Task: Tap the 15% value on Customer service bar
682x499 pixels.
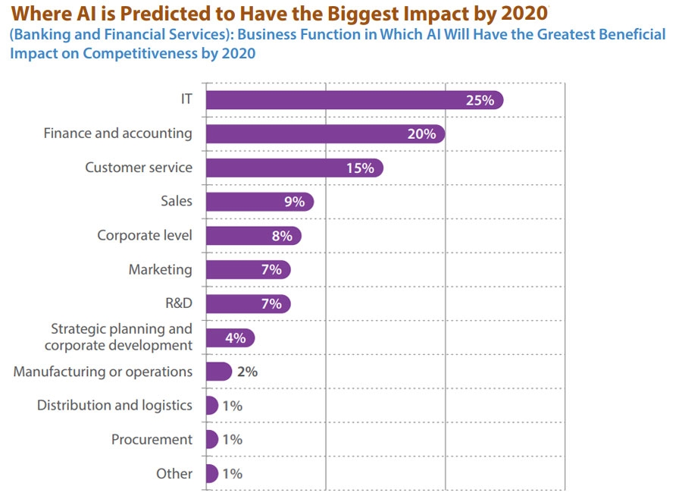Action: [360, 168]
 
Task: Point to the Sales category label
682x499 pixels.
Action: [177, 201]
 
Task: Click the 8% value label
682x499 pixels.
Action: [282, 236]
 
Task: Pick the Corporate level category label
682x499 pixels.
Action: [145, 235]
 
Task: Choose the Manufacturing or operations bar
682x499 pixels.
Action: [218, 372]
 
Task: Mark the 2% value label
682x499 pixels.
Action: [248, 372]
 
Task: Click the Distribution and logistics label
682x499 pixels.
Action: [114, 405]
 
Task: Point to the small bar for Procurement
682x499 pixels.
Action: [211, 439]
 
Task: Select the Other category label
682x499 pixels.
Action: [174, 473]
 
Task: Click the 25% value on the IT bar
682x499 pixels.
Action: [480, 100]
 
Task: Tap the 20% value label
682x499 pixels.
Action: [421, 134]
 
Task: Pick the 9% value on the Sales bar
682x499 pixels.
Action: [294, 202]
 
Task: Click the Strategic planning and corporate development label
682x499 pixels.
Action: [118, 337]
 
